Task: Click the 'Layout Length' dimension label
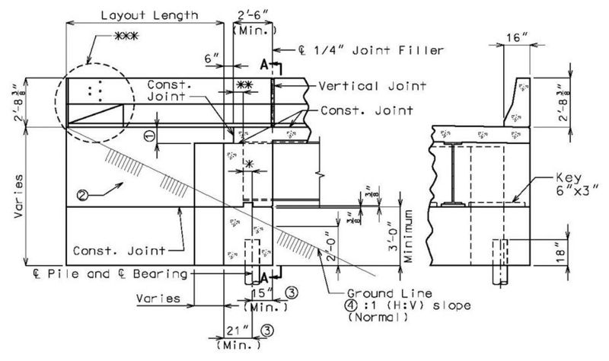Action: [x=149, y=15]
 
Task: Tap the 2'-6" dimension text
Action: [x=253, y=15]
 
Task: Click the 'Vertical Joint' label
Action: [x=372, y=86]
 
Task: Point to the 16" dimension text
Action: [x=518, y=37]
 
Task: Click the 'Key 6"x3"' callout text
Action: [x=575, y=184]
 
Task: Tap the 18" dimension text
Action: [x=561, y=253]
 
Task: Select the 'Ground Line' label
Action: [x=389, y=293]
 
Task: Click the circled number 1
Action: [x=150, y=136]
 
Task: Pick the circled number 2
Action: [x=82, y=195]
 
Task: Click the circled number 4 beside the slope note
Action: [x=351, y=305]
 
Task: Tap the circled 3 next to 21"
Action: [x=267, y=331]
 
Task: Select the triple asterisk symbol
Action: [x=126, y=36]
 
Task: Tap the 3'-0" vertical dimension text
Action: [x=393, y=236]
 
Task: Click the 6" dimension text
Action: [x=212, y=59]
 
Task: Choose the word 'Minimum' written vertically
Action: [x=408, y=236]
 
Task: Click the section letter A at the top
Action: [x=264, y=65]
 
